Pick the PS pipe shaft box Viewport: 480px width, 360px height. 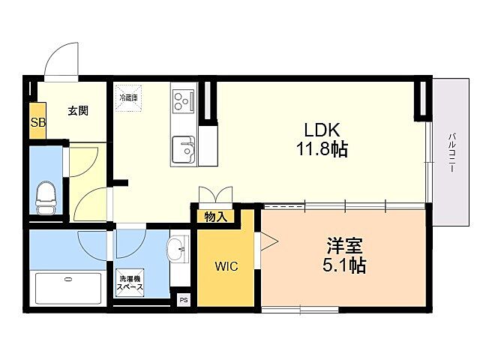(183, 298)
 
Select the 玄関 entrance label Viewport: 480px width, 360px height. (79, 111)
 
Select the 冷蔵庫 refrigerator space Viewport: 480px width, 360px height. (126, 99)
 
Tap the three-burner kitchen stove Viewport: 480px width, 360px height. (182, 100)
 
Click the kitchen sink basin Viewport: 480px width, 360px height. (182, 148)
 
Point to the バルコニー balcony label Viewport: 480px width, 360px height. (452, 154)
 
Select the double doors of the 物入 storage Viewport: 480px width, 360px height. (217, 195)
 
